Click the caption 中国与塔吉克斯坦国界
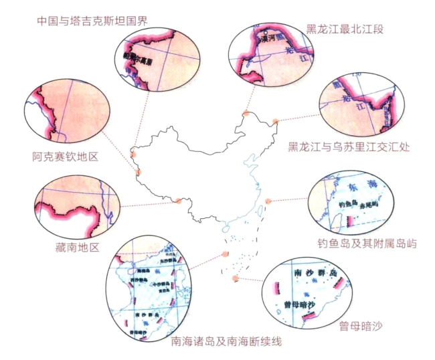tap(92, 19)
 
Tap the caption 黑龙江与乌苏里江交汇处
tap(349, 146)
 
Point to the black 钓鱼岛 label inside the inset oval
tap(349, 204)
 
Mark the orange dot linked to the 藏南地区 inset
tap(178, 201)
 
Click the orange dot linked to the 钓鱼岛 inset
tap(268, 201)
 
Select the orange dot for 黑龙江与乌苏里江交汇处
tap(275, 122)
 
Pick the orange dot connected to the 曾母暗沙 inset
tap(235, 278)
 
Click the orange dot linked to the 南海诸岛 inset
tap(225, 254)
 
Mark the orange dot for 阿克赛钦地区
tap(139, 173)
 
